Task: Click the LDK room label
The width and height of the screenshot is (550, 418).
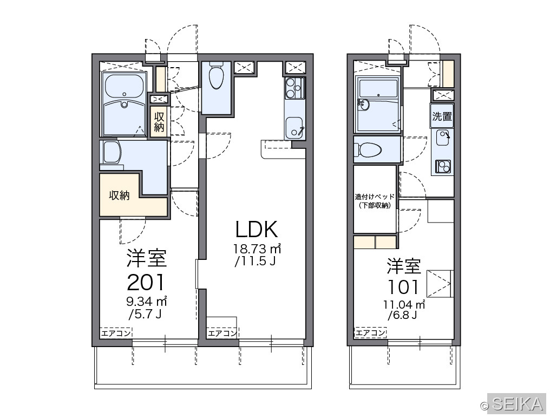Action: click(x=257, y=230)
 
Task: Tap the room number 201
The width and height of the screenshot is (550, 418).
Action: click(x=146, y=283)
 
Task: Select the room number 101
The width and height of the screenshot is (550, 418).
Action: click(x=403, y=287)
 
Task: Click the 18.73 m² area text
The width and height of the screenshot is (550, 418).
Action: click(x=257, y=249)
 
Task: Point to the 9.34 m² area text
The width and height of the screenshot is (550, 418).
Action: click(x=147, y=301)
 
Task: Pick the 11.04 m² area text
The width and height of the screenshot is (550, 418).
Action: click(x=404, y=304)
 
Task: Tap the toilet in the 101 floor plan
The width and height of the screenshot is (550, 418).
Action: click(x=368, y=150)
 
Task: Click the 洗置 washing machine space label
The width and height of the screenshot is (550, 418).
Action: click(x=442, y=116)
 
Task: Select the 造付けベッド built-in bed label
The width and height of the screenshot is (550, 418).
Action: click(x=375, y=201)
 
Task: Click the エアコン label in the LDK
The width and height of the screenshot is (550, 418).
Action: click(x=222, y=332)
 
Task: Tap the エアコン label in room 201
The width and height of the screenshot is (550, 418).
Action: click(x=116, y=332)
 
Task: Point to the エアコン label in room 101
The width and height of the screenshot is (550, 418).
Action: click(x=370, y=332)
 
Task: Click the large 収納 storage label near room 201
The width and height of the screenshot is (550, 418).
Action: click(x=119, y=195)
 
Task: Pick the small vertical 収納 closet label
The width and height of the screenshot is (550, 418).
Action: click(x=159, y=122)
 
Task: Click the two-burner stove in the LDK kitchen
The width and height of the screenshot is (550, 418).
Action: click(x=294, y=88)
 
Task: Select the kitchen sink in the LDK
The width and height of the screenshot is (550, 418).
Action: click(x=294, y=127)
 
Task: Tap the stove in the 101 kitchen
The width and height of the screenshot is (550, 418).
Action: click(x=443, y=166)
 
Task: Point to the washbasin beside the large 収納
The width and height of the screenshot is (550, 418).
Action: click(x=111, y=152)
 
